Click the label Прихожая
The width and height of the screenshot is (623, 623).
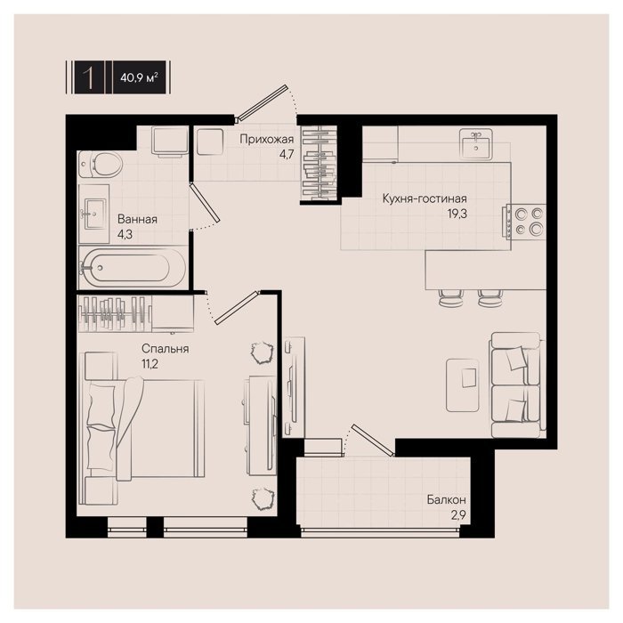pos(267,140)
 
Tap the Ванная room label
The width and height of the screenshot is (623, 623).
pos(137,219)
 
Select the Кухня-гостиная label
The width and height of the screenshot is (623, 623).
pos(425,198)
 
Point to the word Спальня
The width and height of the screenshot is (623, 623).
pos(166,349)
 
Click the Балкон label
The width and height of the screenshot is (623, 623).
pos(446,499)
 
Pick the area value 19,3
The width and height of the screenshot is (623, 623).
pos(457,214)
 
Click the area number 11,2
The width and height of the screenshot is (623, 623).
pos(150,363)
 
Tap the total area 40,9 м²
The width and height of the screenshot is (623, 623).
pos(139,77)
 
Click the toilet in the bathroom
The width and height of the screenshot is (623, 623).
pos(100,165)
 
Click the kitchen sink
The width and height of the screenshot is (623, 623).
pos(476,143)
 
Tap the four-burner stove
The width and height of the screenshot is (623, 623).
pos(525,222)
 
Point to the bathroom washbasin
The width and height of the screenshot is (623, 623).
pos(93,214)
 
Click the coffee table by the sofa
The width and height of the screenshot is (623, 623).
pos(463,384)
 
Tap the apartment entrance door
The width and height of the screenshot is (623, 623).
pos(262,102)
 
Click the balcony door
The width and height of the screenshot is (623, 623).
pos(372,440)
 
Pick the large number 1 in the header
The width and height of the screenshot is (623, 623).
pos(89,77)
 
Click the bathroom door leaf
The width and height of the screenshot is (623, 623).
pos(205,202)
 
